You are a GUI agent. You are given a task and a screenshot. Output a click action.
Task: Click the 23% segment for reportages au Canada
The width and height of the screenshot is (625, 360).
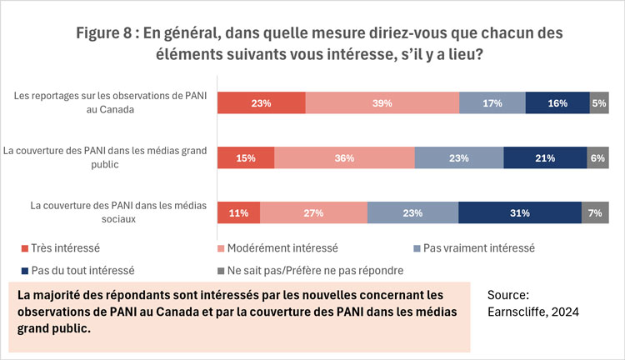(261, 103)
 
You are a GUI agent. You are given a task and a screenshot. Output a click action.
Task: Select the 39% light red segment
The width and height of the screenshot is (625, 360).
(382, 103)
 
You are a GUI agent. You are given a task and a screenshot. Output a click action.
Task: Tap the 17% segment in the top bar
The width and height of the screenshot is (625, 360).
(492, 103)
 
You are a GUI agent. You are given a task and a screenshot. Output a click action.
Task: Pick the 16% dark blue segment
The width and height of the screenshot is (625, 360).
(557, 103)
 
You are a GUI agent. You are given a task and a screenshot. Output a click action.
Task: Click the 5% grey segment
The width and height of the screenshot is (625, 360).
(598, 103)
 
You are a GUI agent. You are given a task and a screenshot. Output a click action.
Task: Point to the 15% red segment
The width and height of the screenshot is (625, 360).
(246, 158)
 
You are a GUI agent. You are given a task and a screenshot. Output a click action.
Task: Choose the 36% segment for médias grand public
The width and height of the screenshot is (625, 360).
(344, 158)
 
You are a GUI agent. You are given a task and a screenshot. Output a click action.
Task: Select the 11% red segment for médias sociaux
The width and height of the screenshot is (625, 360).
(238, 212)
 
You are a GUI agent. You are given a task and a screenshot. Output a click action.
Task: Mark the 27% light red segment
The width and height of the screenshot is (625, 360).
(313, 212)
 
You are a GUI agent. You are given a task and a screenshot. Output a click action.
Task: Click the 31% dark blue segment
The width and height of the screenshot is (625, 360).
(519, 212)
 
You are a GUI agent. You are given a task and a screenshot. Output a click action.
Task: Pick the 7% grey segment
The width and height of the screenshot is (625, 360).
(595, 212)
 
